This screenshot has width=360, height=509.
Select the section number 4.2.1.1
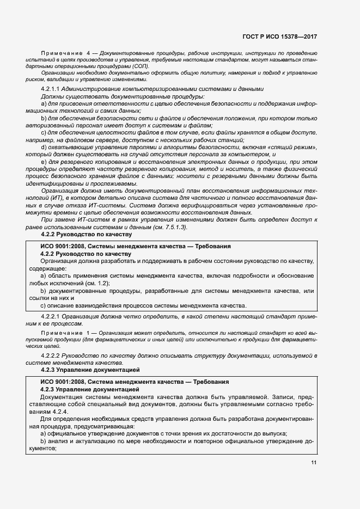tap(50, 89)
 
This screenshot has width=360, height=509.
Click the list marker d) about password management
tap(44, 147)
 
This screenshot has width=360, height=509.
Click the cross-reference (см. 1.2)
tap(98, 283)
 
